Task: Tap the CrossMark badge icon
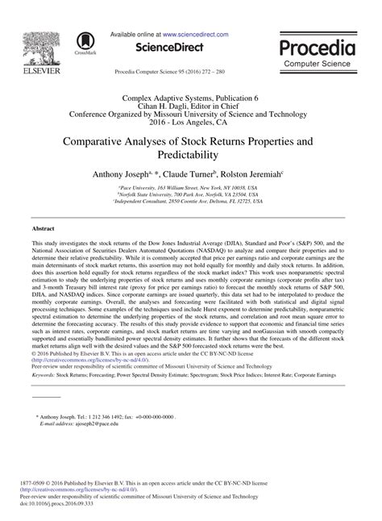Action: click(x=83, y=44)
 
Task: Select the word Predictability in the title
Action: click(x=191, y=154)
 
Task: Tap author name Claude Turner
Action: click(x=190, y=173)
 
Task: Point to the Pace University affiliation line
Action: click(x=191, y=186)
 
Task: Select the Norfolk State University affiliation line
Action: click(x=191, y=194)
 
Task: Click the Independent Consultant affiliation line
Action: click(x=191, y=201)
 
